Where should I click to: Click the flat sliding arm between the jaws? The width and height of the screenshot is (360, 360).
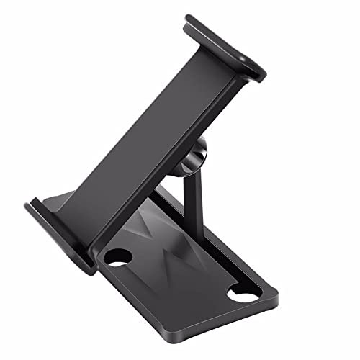click(x=144, y=137)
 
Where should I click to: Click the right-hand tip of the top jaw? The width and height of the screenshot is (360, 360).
click(x=264, y=72)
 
